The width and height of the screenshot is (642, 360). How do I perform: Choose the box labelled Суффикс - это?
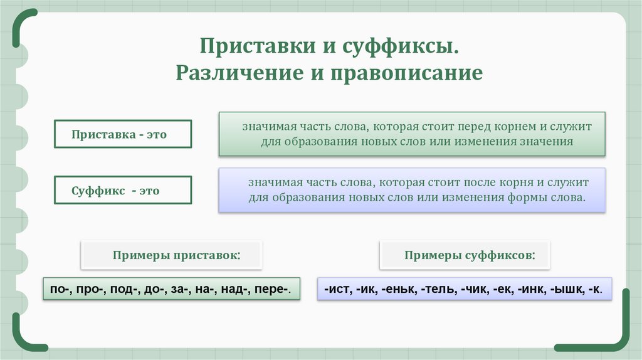123,191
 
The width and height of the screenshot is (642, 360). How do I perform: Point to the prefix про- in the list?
90,290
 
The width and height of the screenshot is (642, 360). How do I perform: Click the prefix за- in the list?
177,290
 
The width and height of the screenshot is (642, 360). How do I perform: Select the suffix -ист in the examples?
337,290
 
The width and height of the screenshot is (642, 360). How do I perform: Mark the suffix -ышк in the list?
564,290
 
